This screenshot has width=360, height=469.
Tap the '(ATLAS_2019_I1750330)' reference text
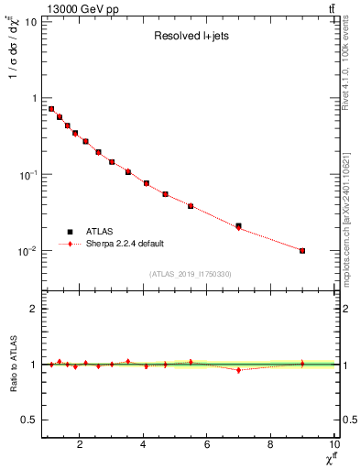pyautogui.click(x=191, y=274)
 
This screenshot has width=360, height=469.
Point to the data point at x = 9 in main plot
pyautogui.click(x=302, y=250)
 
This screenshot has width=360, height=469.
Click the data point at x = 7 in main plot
pyautogui.click(x=239, y=226)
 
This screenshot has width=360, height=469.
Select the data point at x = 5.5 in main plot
pyautogui.click(x=191, y=206)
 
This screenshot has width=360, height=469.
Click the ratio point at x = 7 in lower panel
pyautogui.click(x=239, y=370)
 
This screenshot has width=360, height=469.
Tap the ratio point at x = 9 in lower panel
pyautogui.click(x=302, y=364)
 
